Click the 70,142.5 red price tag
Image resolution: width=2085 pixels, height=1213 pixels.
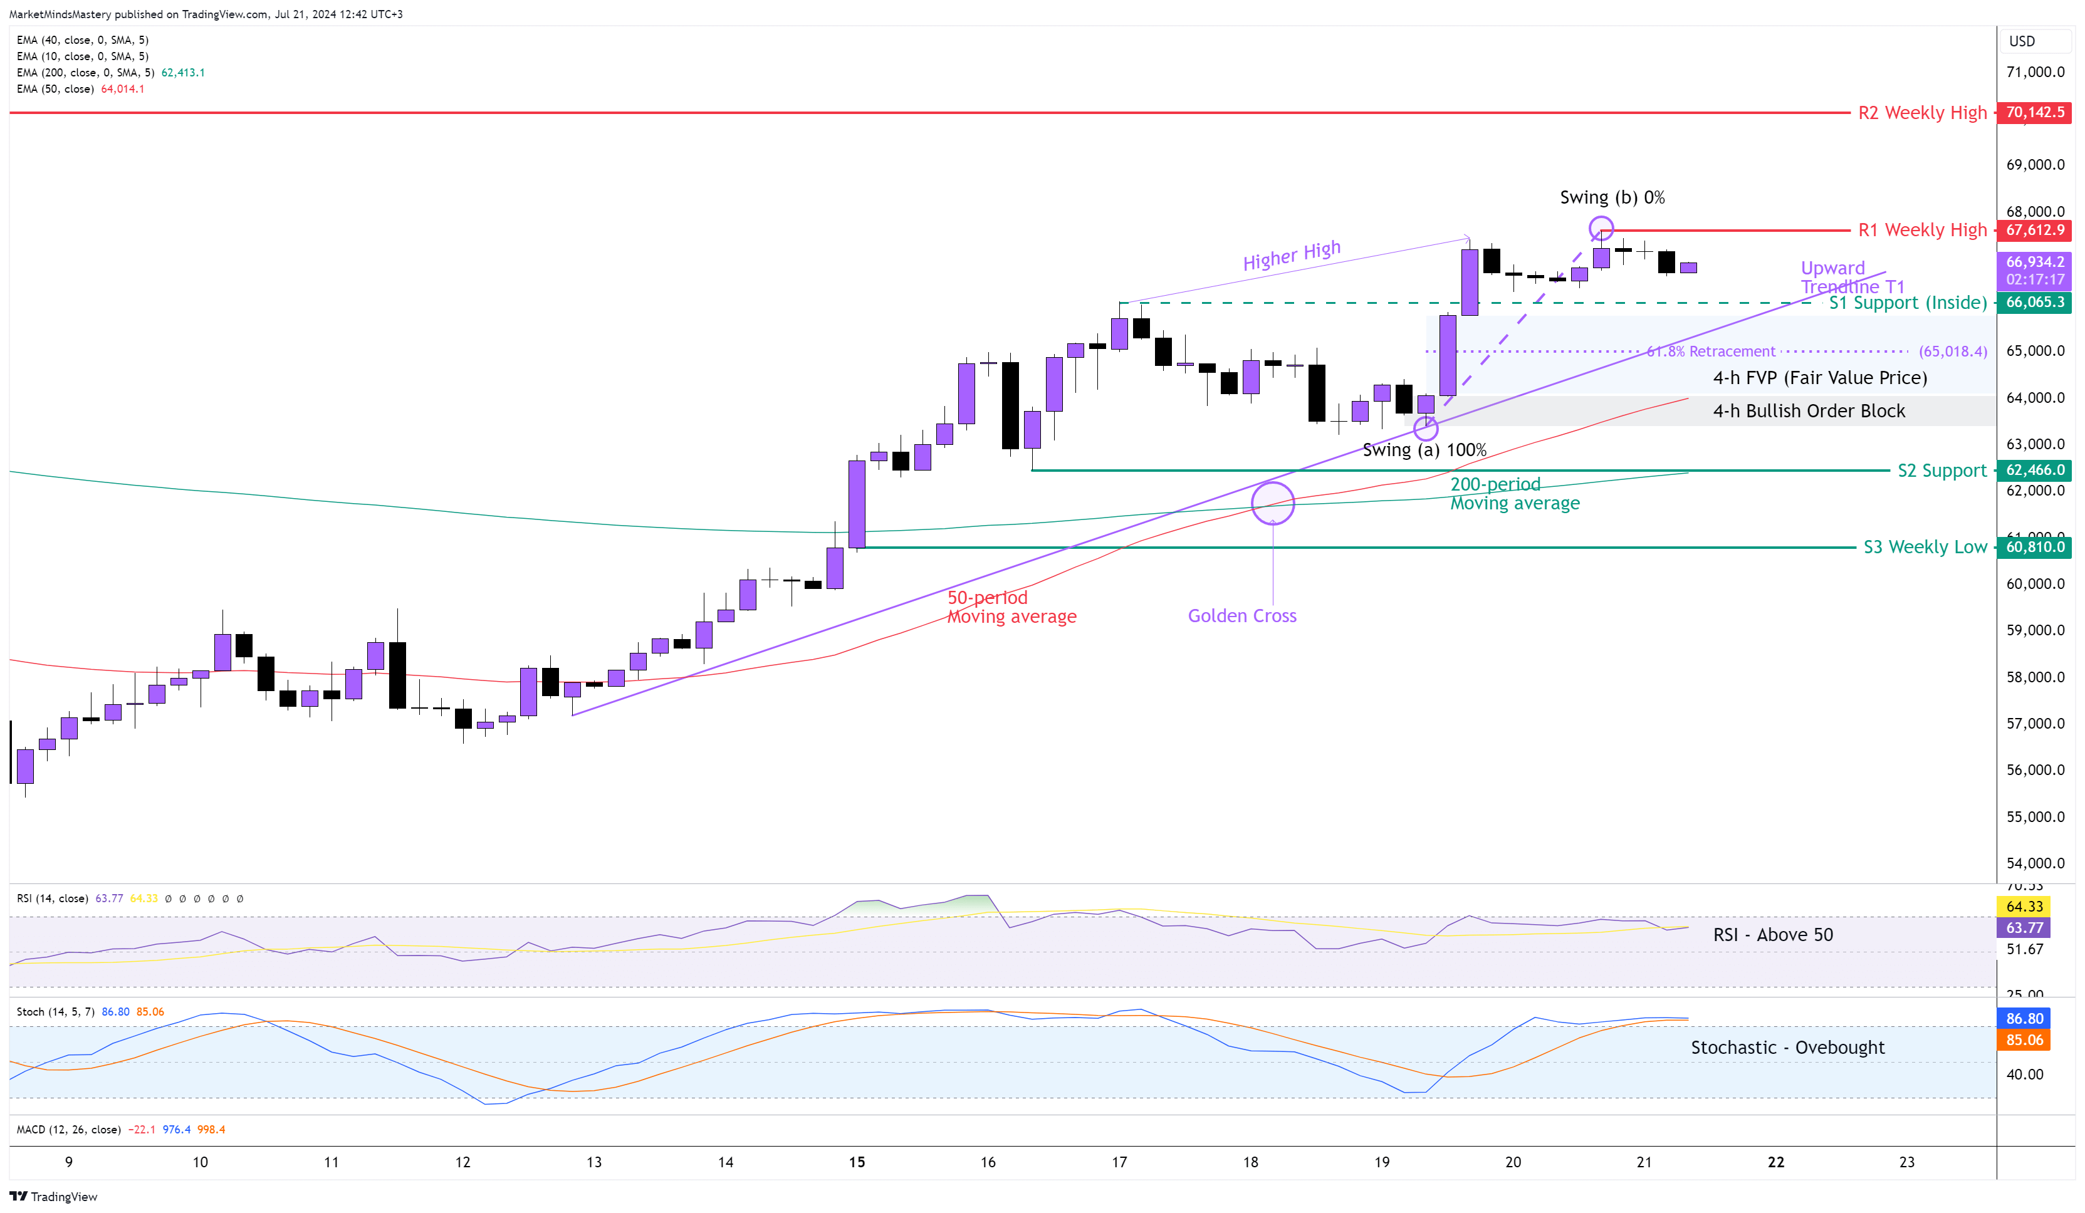pyautogui.click(x=2034, y=112)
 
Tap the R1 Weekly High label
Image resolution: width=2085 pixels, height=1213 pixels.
pyautogui.click(x=1921, y=230)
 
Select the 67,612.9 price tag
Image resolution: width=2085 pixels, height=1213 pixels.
pyautogui.click(x=2034, y=230)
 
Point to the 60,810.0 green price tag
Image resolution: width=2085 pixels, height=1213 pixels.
pyautogui.click(x=2034, y=547)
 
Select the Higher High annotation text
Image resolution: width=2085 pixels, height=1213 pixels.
pyautogui.click(x=1291, y=255)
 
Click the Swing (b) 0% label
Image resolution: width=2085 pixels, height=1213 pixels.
pyautogui.click(x=1612, y=197)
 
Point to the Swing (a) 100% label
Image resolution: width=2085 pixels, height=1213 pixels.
pyautogui.click(x=1424, y=450)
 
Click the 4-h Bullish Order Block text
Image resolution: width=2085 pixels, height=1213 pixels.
pyautogui.click(x=1808, y=411)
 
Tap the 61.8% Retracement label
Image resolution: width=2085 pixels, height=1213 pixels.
pyautogui.click(x=1710, y=351)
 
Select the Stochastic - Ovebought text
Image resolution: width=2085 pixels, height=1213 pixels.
pyautogui.click(x=1787, y=1048)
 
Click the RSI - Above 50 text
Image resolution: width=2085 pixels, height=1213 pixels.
pyautogui.click(x=1772, y=935)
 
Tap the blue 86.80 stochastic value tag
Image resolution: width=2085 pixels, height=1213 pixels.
pyautogui.click(x=2024, y=1019)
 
